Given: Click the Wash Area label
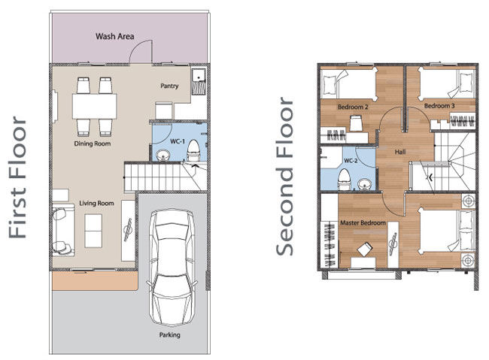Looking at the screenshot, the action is (115, 37).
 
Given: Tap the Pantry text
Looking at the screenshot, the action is (169, 86).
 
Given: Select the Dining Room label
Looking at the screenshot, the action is (93, 144).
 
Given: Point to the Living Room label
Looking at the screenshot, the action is (96, 203).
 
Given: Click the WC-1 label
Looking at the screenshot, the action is (178, 141).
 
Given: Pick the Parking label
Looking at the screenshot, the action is (170, 335).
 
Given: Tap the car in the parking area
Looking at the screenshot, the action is (172, 268).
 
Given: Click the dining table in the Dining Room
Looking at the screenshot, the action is (95, 106).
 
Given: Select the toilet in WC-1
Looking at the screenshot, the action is (193, 150).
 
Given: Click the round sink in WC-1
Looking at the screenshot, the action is (162, 156).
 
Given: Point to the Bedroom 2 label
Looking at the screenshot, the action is (353, 107).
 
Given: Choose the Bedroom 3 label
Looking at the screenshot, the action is (439, 106).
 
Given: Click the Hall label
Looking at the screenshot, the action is (400, 152).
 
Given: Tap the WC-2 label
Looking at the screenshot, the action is (351, 161).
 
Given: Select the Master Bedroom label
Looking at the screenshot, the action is (363, 223).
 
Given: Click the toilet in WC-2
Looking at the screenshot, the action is (345, 179).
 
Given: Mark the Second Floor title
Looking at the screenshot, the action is (284, 176).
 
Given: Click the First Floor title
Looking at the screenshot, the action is (17, 177).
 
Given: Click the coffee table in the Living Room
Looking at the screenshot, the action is (93, 231).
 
